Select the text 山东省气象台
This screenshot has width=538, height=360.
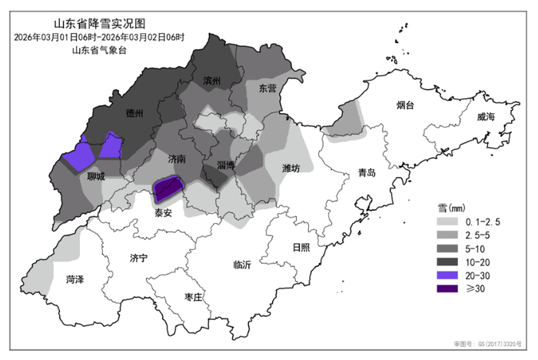(98, 50)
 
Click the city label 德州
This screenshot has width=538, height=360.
(134, 114)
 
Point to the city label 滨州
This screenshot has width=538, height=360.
(212, 80)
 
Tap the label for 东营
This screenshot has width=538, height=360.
(267, 88)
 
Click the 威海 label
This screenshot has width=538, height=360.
(486, 116)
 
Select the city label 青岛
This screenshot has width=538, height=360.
(367, 173)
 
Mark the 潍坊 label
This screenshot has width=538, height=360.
(291, 168)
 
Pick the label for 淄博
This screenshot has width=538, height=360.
(226, 165)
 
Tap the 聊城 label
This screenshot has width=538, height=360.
(96, 176)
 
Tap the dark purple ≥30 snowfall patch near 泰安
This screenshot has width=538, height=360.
(169, 187)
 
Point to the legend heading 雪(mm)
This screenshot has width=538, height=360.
(450, 207)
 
